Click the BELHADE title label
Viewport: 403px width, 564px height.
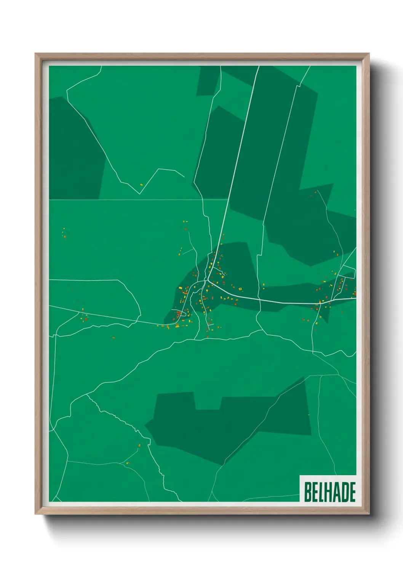click(x=329, y=492)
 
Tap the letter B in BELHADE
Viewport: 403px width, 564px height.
click(x=307, y=492)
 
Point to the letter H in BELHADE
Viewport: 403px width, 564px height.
click(x=329, y=492)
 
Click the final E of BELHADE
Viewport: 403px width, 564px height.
click(x=352, y=492)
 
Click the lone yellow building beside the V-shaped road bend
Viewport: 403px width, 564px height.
click(x=141, y=185)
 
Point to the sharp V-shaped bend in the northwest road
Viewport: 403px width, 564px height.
click(x=139, y=194)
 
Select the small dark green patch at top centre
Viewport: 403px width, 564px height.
click(x=207, y=81)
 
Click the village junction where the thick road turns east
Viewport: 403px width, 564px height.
click(x=206, y=281)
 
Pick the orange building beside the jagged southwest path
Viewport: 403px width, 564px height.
click(x=139, y=445)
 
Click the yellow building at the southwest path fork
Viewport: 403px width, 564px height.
click(x=127, y=463)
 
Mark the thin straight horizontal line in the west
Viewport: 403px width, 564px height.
click(x=126, y=199)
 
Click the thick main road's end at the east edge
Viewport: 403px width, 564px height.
click(x=355, y=298)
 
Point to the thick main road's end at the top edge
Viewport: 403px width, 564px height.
click(x=259, y=67)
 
